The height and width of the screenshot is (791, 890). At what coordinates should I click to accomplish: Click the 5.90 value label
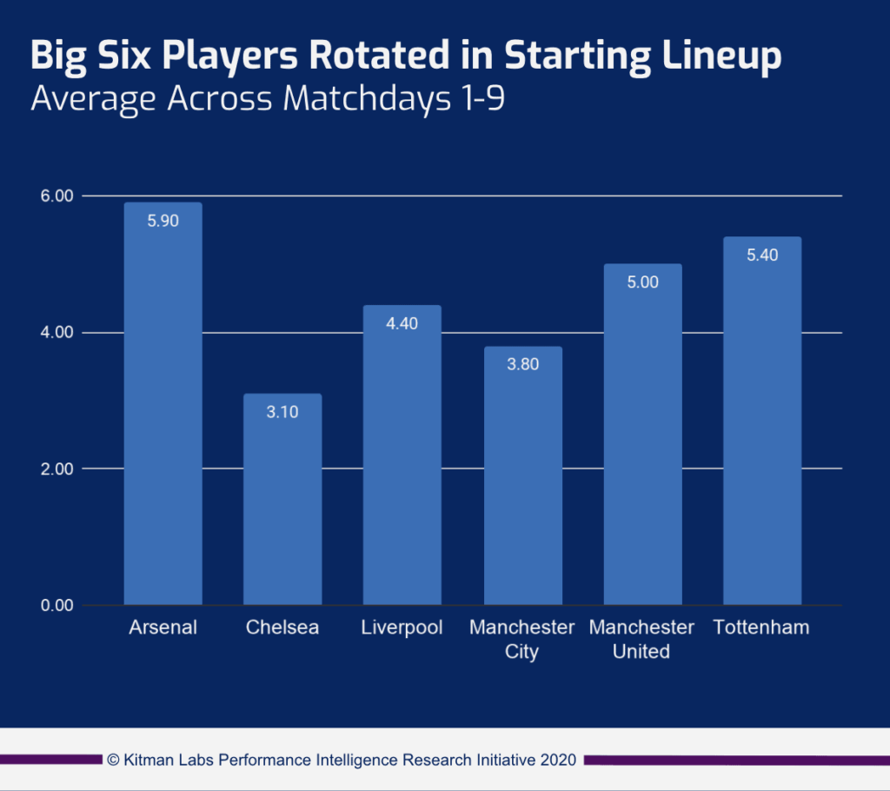(x=163, y=221)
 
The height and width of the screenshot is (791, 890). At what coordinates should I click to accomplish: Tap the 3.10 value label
(x=282, y=412)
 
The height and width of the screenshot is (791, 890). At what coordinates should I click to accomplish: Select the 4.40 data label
(x=402, y=323)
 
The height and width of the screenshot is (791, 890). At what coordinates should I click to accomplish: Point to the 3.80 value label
(x=522, y=364)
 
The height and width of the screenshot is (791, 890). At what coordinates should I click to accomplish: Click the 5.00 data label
(x=642, y=282)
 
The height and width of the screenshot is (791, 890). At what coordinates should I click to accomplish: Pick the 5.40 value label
(x=761, y=255)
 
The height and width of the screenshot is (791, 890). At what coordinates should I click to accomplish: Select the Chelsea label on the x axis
(x=282, y=628)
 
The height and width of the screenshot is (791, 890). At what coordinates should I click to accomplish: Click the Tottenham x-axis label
(x=761, y=628)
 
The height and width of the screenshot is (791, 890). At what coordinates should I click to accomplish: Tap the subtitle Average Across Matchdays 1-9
(x=268, y=98)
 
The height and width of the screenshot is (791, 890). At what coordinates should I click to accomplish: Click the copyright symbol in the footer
(x=113, y=760)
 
